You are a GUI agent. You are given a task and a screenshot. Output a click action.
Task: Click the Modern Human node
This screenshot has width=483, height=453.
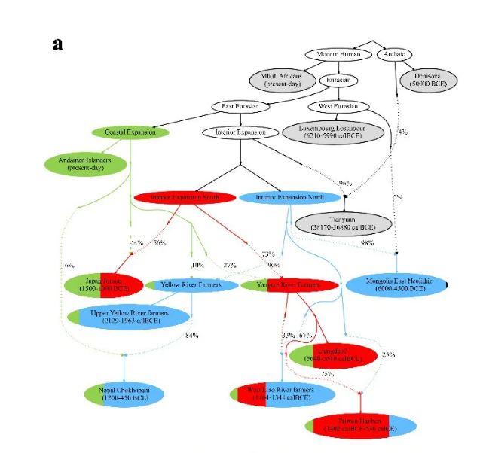pyautogui.click(x=338, y=54)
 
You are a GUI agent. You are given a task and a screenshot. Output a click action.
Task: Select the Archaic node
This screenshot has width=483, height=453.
pyautogui.click(x=394, y=54)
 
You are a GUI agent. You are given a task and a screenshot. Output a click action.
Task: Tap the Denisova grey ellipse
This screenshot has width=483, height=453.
pyautogui.click(x=426, y=80)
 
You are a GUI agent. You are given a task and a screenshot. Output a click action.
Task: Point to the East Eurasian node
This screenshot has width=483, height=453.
pyautogui.click(x=241, y=106)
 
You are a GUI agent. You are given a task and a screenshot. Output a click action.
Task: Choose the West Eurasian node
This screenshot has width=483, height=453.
pyautogui.click(x=338, y=106)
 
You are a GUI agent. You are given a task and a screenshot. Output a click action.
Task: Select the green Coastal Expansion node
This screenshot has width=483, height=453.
pyautogui.click(x=130, y=132)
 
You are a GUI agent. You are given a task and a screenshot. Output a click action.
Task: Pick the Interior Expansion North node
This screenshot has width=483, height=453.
pyautogui.click(x=289, y=197)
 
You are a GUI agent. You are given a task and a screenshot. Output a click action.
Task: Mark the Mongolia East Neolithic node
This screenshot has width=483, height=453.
pyautogui.click(x=395, y=286)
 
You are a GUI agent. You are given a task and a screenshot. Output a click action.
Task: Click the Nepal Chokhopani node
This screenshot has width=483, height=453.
pyautogui.click(x=124, y=393)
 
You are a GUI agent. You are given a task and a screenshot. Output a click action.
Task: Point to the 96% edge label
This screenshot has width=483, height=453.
pyautogui.click(x=345, y=183)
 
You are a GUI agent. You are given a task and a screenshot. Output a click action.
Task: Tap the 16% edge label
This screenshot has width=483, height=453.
pyautogui.click(x=68, y=265)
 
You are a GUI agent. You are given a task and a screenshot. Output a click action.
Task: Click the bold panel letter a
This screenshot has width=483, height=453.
pyautogui.click(x=57, y=44)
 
